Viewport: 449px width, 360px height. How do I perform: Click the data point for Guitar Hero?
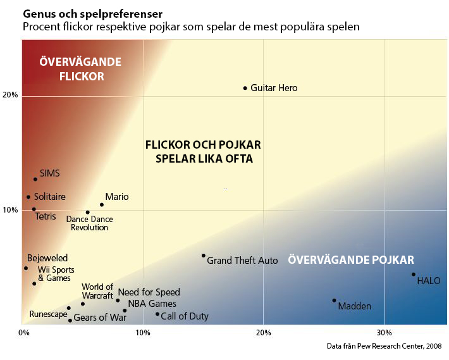(245, 88)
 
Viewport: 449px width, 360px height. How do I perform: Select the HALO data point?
(414, 275)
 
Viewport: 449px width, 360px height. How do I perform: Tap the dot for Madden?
(334, 301)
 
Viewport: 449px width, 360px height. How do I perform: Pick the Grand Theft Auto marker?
(203, 256)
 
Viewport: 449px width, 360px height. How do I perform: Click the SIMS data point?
(35, 179)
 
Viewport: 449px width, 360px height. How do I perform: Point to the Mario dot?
(102, 204)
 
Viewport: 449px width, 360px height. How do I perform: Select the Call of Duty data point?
(157, 314)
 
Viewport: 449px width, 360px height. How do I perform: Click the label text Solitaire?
(49, 197)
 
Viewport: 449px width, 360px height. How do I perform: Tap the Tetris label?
(46, 216)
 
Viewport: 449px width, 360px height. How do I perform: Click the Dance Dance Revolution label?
(90, 223)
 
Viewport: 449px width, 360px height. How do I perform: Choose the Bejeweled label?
(47, 258)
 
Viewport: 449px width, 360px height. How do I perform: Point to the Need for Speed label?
(149, 292)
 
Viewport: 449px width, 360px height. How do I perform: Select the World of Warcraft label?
(97, 291)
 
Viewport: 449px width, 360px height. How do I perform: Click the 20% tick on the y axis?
(11, 95)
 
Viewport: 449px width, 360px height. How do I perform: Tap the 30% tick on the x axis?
(384, 332)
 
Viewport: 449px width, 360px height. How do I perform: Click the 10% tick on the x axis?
(143, 332)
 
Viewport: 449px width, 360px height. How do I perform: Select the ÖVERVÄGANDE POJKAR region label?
(351, 260)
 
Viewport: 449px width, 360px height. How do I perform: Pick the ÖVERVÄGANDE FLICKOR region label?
(80, 69)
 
